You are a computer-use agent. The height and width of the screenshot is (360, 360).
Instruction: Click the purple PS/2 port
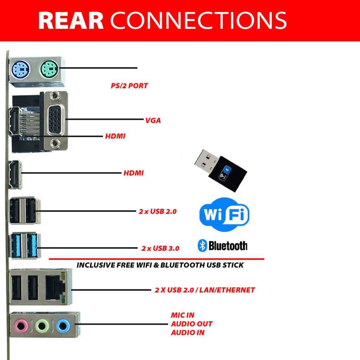coord(20,69)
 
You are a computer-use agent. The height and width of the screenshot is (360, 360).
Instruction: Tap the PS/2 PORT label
coord(129,86)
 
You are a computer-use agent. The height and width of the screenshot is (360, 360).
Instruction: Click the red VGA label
coord(153,121)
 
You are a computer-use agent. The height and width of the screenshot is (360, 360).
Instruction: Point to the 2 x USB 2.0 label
coord(157,212)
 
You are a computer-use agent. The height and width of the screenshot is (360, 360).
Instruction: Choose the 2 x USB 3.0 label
coord(160,248)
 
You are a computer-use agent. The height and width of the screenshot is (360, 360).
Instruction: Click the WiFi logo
coord(224,214)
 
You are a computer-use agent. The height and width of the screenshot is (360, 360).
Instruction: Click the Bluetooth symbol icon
coord(202,245)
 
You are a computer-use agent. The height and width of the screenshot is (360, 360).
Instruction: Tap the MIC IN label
coord(182,315)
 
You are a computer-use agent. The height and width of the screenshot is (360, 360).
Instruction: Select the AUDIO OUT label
coord(192,324)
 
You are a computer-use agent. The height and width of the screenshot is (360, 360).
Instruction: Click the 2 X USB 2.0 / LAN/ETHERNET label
coord(205,290)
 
